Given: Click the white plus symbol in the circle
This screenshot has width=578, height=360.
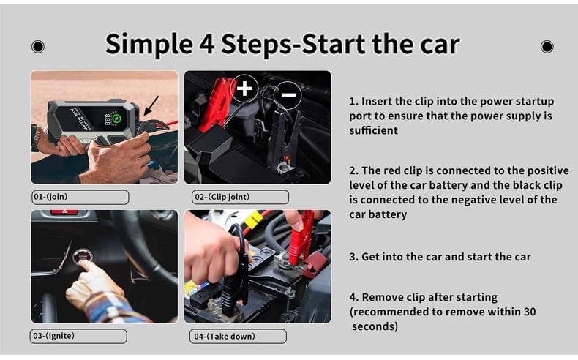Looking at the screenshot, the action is tap(244, 89).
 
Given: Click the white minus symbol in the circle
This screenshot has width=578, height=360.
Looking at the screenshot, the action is tap(288, 94).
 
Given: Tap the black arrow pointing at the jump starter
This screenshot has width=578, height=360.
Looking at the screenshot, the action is tap(151, 106).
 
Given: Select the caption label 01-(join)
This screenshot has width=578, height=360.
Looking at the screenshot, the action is tap(80, 197).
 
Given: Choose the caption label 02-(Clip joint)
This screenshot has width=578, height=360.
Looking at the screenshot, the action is tap(240, 197).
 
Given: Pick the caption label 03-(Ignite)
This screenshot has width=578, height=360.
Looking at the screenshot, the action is tap(78, 336).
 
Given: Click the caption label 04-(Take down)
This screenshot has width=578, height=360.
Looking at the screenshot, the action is tap(238, 337).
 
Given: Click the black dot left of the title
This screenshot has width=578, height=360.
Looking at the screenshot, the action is tap(38, 47).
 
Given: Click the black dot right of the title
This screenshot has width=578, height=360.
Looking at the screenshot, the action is tap(547, 47).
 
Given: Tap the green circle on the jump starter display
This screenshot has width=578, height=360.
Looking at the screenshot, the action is tap(116, 119).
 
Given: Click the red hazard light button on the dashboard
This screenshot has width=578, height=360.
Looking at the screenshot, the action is tap(64, 212).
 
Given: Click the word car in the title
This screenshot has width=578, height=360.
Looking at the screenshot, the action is tap(440, 45).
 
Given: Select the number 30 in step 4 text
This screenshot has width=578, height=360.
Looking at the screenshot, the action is tap(529, 312).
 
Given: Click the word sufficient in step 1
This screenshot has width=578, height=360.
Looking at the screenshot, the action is tap(373, 130).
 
